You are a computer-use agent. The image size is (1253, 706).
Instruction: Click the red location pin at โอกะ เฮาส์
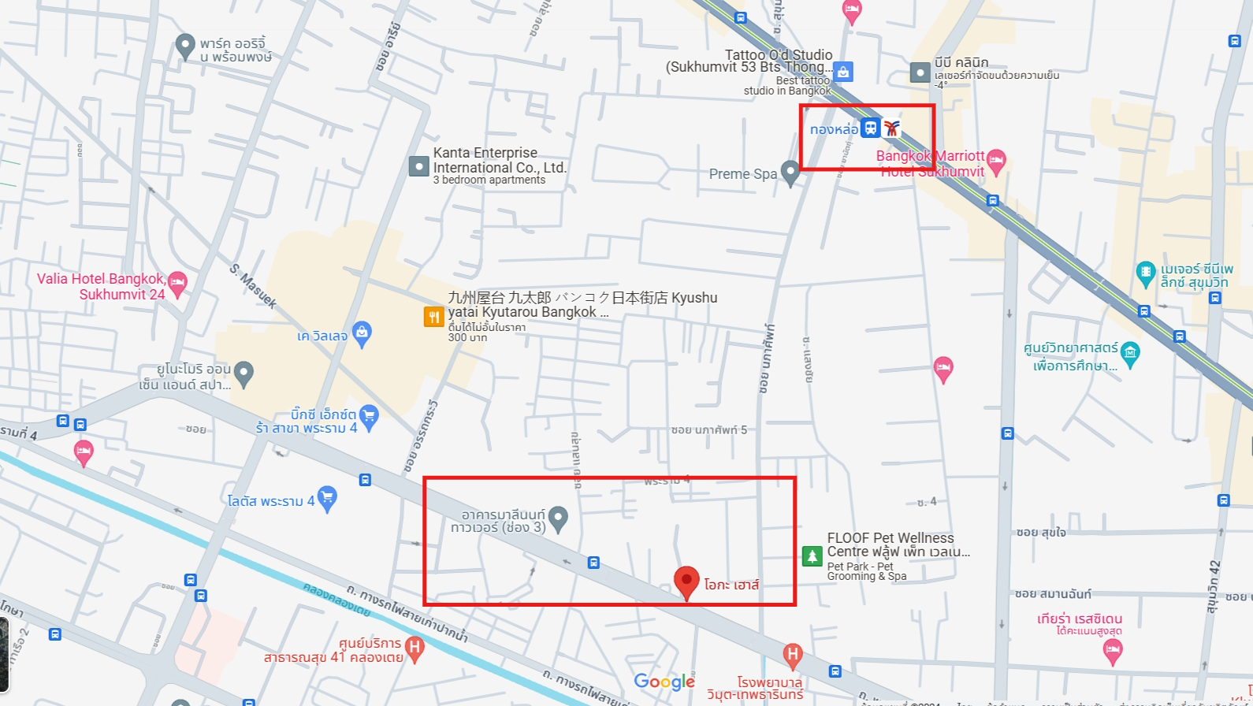(x=686, y=582)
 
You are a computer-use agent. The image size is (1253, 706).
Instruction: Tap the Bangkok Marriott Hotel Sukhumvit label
(x=931, y=164)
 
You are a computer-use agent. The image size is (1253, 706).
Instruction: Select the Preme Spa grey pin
(x=790, y=173)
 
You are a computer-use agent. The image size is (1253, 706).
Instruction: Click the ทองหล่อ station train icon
(x=870, y=128)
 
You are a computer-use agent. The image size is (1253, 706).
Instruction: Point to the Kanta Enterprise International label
(x=500, y=161)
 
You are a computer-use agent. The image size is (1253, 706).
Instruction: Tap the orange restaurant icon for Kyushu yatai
(x=433, y=317)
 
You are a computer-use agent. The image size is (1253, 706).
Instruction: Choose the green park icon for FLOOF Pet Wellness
(x=812, y=556)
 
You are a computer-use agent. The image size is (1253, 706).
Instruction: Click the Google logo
(x=664, y=682)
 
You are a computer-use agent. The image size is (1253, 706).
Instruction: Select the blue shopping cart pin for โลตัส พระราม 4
(x=327, y=498)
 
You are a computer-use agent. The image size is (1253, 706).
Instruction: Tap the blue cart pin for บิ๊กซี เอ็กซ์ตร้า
(x=369, y=415)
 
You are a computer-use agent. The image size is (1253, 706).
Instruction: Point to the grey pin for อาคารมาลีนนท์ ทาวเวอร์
(x=558, y=518)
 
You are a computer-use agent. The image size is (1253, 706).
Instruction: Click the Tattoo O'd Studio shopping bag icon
(x=843, y=72)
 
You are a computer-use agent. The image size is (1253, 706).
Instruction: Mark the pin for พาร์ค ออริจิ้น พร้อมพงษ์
(x=185, y=46)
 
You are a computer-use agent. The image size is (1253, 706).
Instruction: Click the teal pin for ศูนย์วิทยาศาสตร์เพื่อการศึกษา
(x=1130, y=353)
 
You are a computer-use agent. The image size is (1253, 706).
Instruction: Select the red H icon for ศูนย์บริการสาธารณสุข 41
(x=415, y=649)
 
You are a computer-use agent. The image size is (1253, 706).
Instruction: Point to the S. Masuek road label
(x=253, y=285)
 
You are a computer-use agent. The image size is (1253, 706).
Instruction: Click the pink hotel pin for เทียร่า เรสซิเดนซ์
(x=1112, y=651)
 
